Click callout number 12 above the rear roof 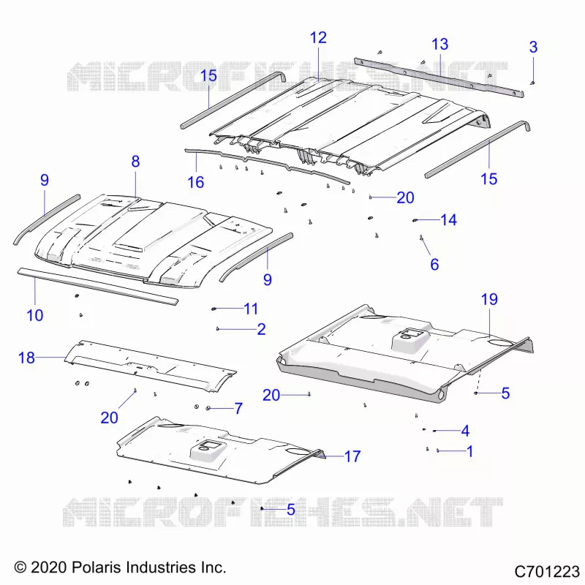(x=318, y=38)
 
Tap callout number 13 (x=440, y=45)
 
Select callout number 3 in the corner (x=534, y=47)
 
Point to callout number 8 (x=135, y=162)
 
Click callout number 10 (x=34, y=316)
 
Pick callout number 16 (x=196, y=182)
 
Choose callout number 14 (x=448, y=220)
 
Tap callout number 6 (x=434, y=265)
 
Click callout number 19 (x=489, y=299)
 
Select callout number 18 (x=26, y=358)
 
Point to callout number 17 (x=352, y=456)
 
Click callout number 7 (x=238, y=409)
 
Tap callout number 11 (x=251, y=309)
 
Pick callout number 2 (x=262, y=329)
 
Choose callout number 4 (x=465, y=431)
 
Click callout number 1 (x=469, y=451)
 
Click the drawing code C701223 (x=547, y=572)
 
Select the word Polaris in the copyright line (x=97, y=567)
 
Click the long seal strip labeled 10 (x=98, y=287)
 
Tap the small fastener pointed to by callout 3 (x=533, y=83)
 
